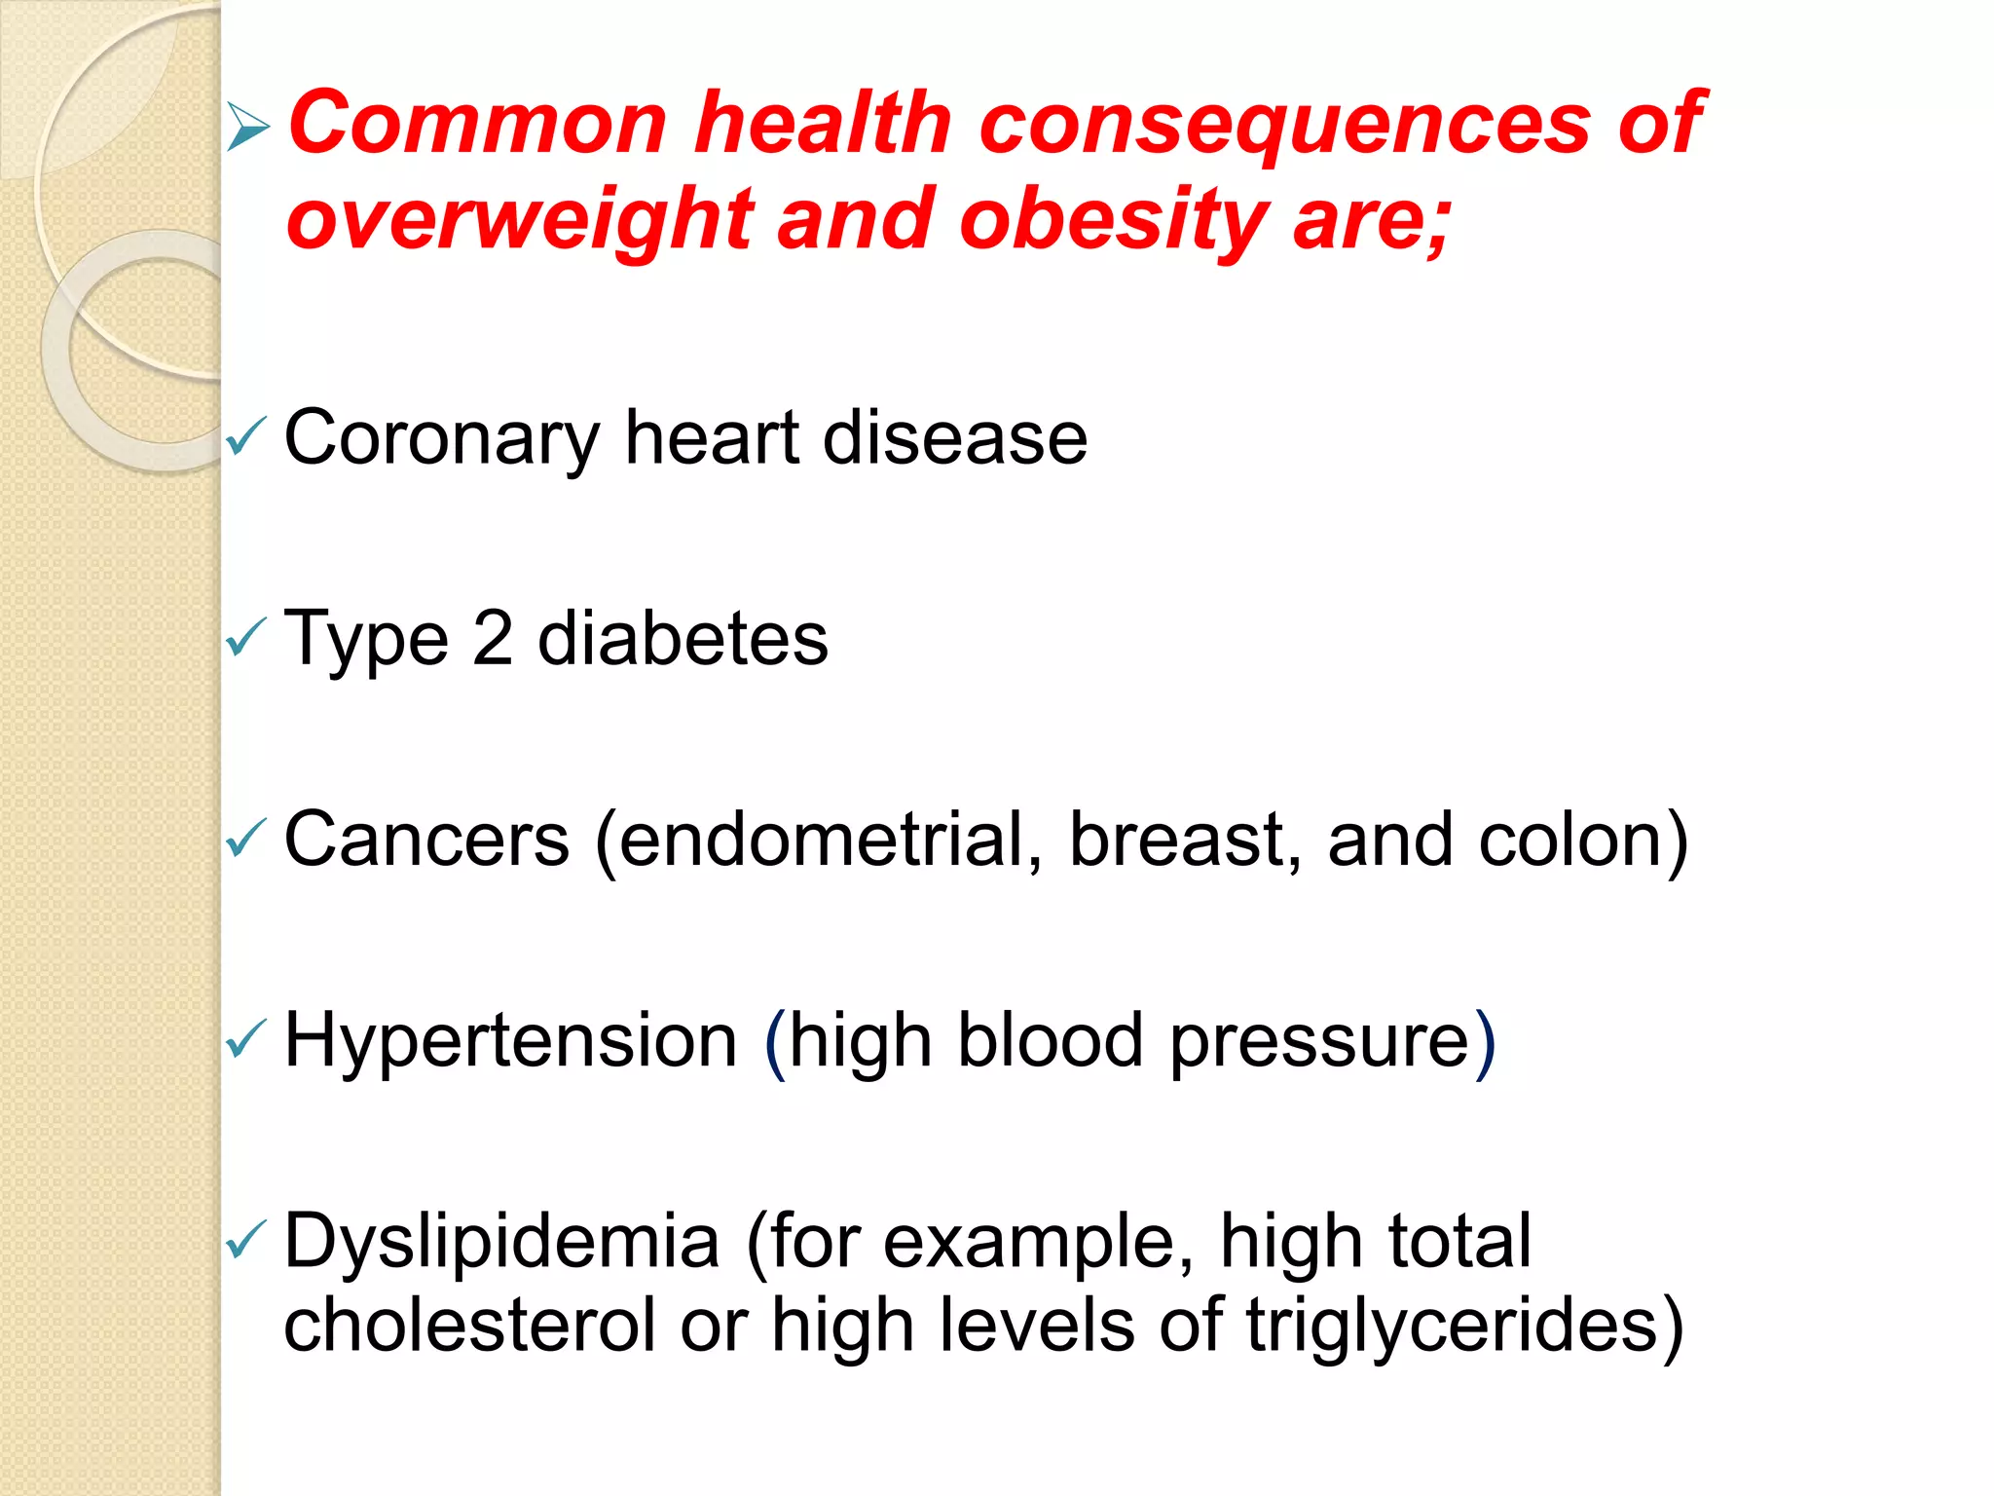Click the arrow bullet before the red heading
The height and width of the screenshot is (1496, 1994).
[247, 128]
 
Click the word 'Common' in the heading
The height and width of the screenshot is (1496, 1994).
[477, 124]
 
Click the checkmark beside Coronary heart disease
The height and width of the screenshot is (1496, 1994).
[245, 437]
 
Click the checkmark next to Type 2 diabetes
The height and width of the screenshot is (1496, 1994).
[245, 639]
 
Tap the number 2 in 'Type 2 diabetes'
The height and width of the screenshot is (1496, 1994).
[493, 639]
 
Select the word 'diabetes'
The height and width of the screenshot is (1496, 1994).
[683, 639]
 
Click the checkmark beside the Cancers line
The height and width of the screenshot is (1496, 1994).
[245, 840]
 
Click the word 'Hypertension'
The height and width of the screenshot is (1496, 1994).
[511, 1041]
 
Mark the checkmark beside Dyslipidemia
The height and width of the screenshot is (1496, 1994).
[245, 1241]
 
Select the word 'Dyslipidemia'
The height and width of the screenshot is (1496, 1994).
[501, 1243]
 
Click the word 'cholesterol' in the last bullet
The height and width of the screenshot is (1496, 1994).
[468, 1326]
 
